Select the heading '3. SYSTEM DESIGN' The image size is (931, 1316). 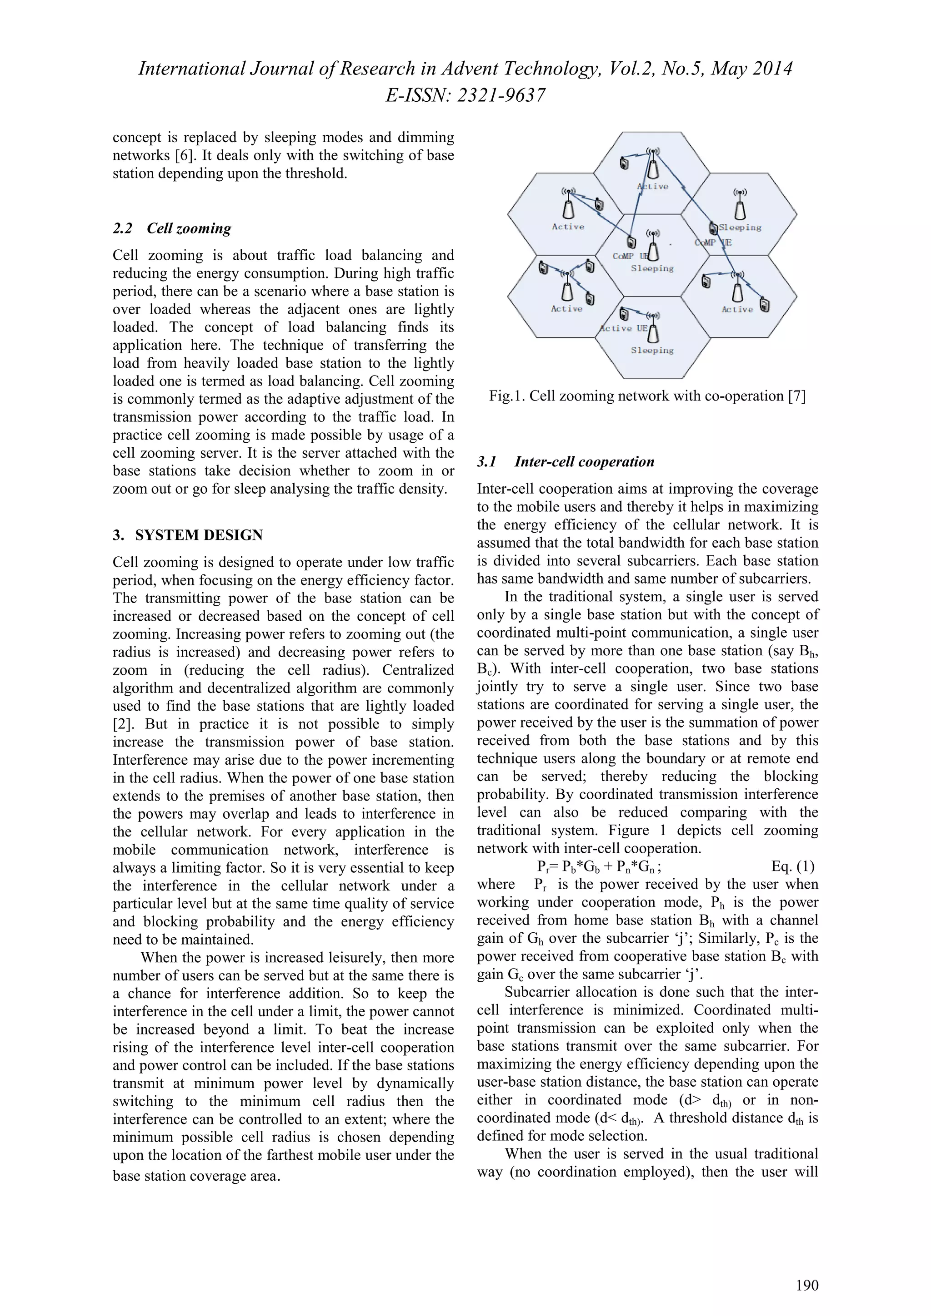(x=188, y=535)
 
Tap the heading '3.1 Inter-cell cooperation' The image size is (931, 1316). (x=566, y=461)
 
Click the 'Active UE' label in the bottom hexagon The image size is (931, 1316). (x=624, y=328)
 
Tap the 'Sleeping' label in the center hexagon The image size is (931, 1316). (x=652, y=268)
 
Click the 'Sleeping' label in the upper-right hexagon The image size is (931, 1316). (x=740, y=228)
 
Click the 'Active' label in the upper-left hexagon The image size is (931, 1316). (x=568, y=227)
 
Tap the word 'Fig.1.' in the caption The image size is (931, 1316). (x=507, y=396)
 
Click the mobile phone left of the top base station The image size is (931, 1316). (x=624, y=164)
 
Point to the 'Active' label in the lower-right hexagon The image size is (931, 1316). (x=737, y=310)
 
